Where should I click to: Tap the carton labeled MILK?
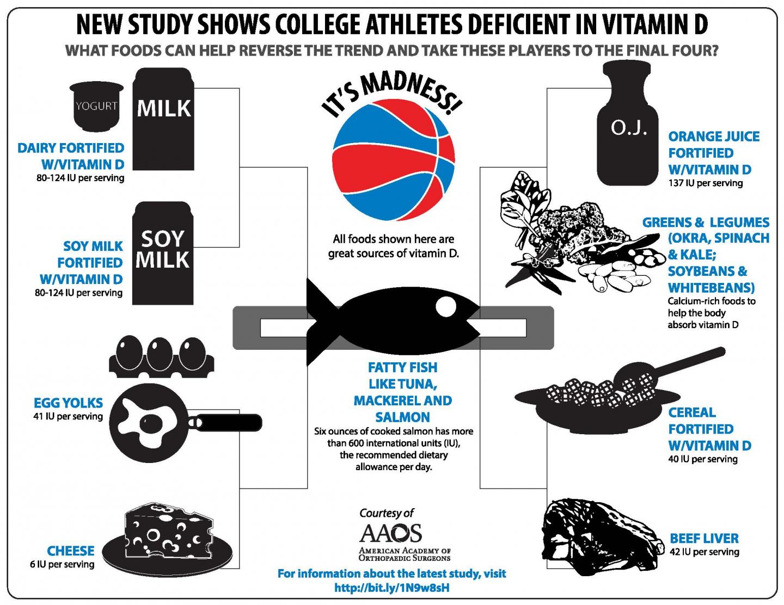(x=164, y=120)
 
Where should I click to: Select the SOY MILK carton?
(x=163, y=253)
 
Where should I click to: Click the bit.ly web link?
(x=391, y=588)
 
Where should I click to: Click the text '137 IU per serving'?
(x=705, y=183)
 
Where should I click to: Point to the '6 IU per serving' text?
(x=62, y=564)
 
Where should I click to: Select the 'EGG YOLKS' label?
(x=68, y=403)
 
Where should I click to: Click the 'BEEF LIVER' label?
(x=704, y=539)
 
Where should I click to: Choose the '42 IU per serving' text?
(x=705, y=552)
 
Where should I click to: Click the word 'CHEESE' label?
(x=70, y=551)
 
